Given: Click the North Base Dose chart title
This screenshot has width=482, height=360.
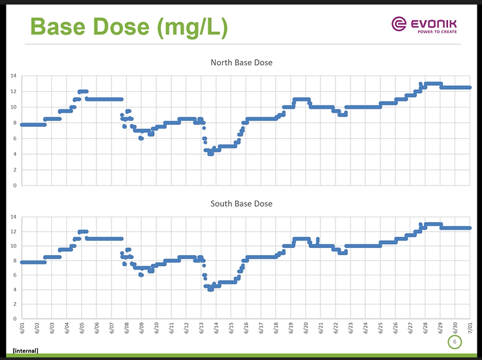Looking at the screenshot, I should point(241,62).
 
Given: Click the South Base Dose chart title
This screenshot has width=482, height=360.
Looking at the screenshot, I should point(241,204).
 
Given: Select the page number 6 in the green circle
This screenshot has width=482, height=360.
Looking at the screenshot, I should point(455,342).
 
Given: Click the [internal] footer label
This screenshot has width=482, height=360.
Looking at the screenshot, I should point(25,351).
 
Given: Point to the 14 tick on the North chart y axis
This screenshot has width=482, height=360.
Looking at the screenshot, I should point(13,76).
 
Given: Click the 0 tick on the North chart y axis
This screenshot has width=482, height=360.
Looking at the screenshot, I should point(14,186).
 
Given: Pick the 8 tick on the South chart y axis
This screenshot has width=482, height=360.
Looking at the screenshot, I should point(14,260).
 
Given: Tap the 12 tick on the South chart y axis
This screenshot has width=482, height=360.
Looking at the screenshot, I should point(13,231).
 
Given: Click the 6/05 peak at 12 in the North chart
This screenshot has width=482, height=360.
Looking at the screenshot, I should point(83,91).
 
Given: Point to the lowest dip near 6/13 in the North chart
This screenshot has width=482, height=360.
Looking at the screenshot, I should point(210,154).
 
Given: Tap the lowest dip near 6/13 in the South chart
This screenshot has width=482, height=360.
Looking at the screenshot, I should point(210,289).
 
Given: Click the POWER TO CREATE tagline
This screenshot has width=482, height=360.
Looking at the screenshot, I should point(436,31).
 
